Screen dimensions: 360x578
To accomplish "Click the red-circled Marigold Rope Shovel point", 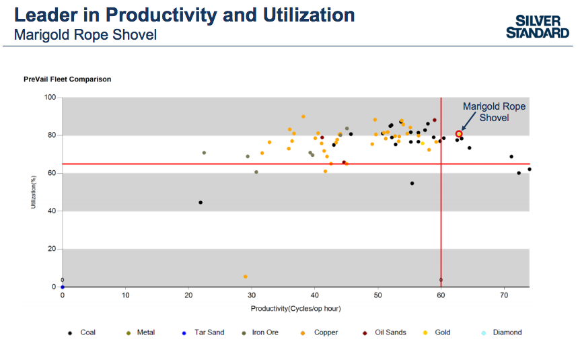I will pyautogui.click(x=459, y=134).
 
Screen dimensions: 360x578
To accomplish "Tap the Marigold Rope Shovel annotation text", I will pyautogui.click(x=495, y=112).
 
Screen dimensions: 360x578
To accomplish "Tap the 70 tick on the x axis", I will pyautogui.click(x=504, y=295).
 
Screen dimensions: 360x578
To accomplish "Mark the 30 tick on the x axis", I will pyautogui.click(x=252, y=295).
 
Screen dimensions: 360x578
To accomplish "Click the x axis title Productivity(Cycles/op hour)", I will pyautogui.click(x=295, y=308).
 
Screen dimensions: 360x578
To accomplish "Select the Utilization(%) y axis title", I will pyautogui.click(x=33, y=192).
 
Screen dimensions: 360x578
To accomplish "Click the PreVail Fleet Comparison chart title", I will pyautogui.click(x=67, y=79).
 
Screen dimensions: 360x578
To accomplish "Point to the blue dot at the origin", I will pyautogui.click(x=63, y=287).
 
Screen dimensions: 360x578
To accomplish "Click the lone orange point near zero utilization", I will pyautogui.click(x=246, y=277).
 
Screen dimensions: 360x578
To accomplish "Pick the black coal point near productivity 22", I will pyautogui.click(x=201, y=203).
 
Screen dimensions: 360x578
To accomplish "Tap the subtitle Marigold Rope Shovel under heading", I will pyautogui.click(x=85, y=34).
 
